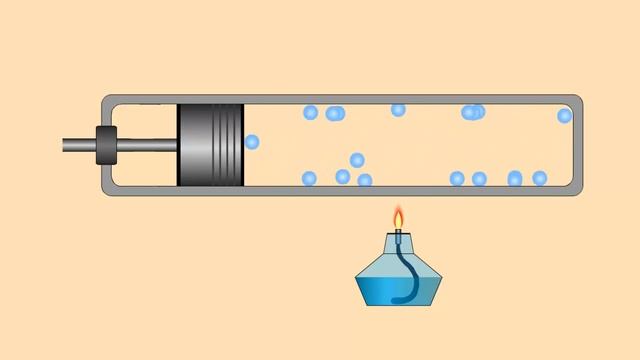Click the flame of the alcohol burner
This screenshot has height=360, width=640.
pos(398,219)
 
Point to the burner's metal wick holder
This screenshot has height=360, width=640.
pos(398,237)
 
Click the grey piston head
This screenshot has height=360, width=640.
pos(205,145)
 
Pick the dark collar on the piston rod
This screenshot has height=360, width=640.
pos(106,145)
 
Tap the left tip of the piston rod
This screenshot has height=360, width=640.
pos(65,145)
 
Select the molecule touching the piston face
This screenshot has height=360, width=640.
pos(251,142)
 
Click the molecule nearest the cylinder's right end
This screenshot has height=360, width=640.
pos(564,116)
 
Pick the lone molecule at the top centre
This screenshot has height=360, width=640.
pos(398,110)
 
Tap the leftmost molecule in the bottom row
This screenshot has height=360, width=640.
pos(309,178)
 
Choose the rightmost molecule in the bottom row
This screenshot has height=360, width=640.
pos(540,178)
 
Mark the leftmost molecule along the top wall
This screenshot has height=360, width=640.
pos(310,112)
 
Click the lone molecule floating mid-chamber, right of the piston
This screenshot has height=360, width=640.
pos(357,159)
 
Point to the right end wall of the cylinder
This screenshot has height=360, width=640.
pos(577,145)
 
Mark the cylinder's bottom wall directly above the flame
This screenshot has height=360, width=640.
pos(398,190)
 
